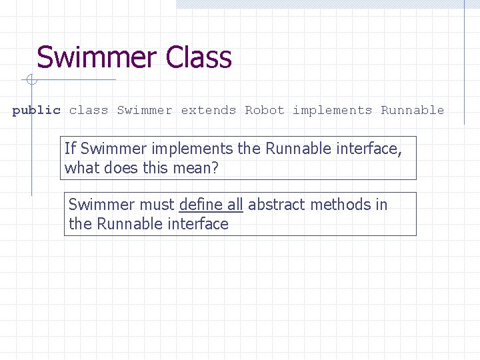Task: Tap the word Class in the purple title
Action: click(199, 58)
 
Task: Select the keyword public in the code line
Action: click(36, 111)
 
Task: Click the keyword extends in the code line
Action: click(208, 111)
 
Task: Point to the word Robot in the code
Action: click(264, 111)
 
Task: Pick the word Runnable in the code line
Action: click(412, 111)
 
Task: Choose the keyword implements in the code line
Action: click(332, 111)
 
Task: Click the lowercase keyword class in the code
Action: click(88, 111)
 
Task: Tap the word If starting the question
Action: click(70, 149)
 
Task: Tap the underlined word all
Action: click(233, 205)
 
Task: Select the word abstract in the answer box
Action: click(275, 205)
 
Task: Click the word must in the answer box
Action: click(158, 205)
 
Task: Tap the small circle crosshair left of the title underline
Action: click(31, 81)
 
